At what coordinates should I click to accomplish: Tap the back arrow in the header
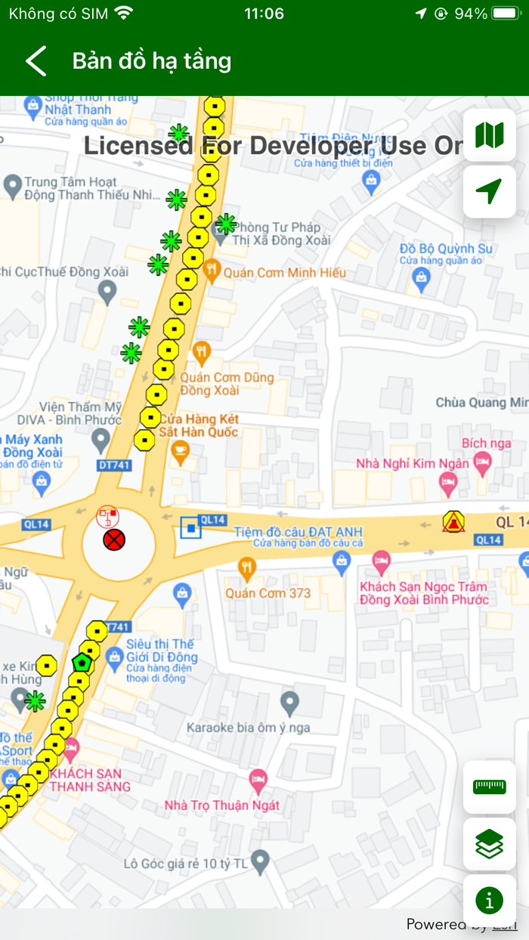point(36,61)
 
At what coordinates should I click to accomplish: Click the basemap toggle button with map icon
point(489,136)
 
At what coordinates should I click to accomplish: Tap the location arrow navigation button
point(489,192)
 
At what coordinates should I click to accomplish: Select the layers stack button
point(489,843)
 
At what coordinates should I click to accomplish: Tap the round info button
point(489,900)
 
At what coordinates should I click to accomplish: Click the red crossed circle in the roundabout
point(114,540)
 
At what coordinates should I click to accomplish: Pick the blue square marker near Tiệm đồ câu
point(191,527)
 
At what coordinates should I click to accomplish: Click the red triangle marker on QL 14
point(453,521)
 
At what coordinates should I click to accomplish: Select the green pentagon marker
point(82,663)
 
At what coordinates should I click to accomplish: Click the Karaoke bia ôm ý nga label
point(249,728)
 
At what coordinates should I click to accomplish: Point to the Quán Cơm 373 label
point(268,593)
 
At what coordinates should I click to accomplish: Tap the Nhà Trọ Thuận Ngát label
point(222,805)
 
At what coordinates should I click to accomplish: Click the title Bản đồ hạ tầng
point(151,61)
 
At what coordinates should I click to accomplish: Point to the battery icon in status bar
point(506,14)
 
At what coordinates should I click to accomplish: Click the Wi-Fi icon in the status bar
point(124,14)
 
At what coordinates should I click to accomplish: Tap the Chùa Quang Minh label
point(481,403)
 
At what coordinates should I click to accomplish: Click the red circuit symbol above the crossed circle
point(108,518)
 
